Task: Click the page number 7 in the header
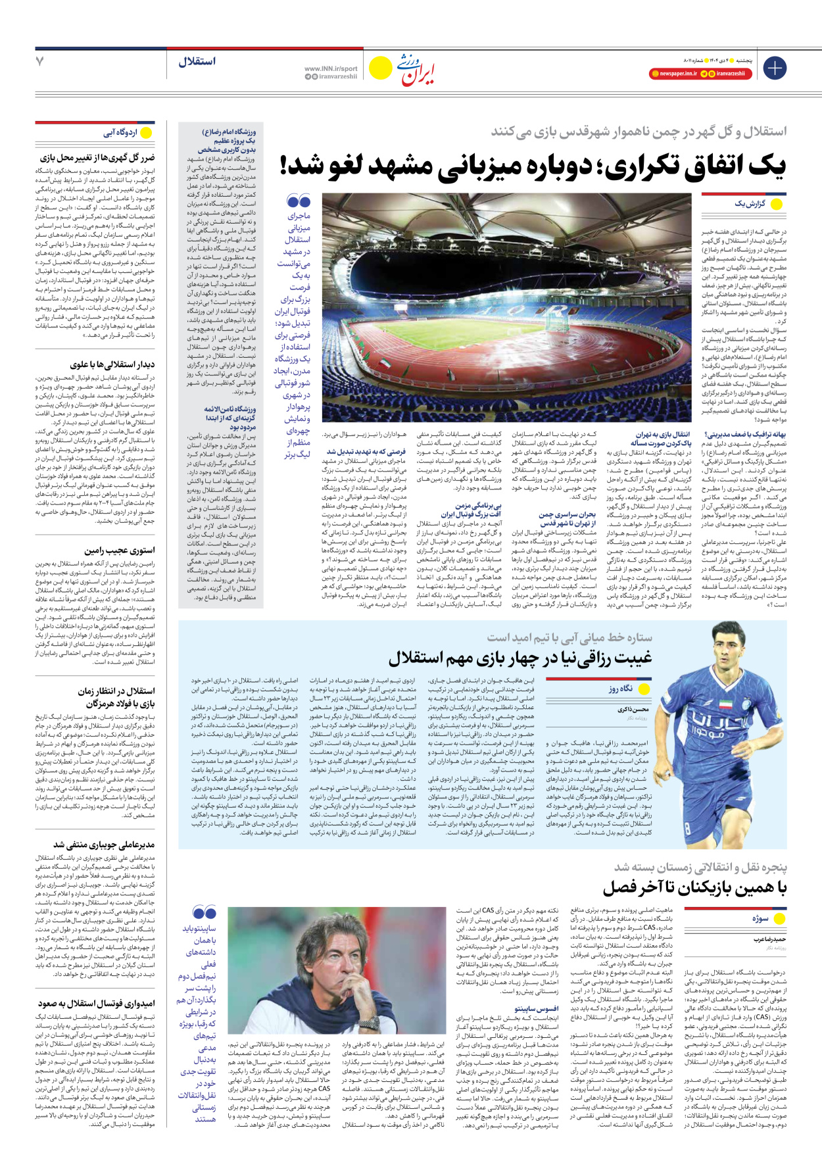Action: [x=40, y=62]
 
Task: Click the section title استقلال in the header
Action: [x=197, y=62]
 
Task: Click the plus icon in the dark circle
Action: [x=775, y=68]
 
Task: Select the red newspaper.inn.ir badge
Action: [x=673, y=74]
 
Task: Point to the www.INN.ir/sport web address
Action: [x=331, y=68]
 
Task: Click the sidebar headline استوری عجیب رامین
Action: [x=120, y=550]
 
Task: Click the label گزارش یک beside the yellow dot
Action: [x=749, y=204]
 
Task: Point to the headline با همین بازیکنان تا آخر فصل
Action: [x=694, y=888]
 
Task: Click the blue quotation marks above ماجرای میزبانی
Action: [x=299, y=201]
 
